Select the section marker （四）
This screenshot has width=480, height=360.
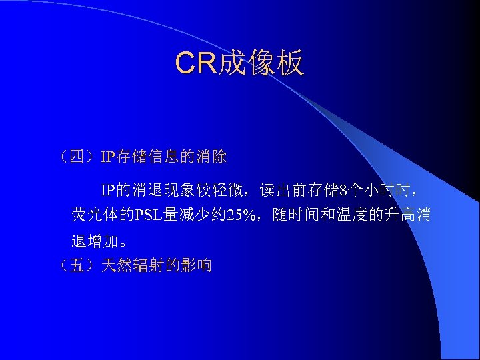pyautogui.click(x=78, y=157)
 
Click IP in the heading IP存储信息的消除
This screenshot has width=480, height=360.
pyautogui.click(x=108, y=157)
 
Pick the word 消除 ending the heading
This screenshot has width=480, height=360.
pyautogui.click(x=212, y=157)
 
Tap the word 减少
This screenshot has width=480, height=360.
pyautogui.click(x=191, y=215)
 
